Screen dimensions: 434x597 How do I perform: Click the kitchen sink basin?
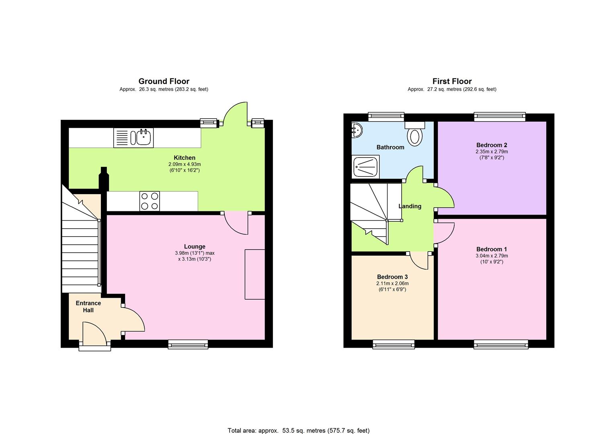coord(143,137)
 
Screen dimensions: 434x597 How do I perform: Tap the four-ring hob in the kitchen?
coord(149,201)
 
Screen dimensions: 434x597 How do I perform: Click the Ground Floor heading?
coord(164,82)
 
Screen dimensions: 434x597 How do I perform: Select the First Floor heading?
coord(452,82)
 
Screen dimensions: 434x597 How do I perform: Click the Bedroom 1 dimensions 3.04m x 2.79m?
coord(491,256)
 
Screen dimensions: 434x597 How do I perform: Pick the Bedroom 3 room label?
coord(392,277)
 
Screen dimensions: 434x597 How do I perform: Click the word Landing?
coord(410,206)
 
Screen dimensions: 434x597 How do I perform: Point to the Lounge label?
coord(195,246)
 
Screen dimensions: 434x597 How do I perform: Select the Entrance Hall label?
coord(88,307)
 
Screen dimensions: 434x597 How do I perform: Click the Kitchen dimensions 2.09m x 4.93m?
coord(185,164)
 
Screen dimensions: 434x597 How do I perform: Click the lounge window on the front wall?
coord(188,344)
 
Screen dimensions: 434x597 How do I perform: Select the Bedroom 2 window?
coord(499,117)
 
